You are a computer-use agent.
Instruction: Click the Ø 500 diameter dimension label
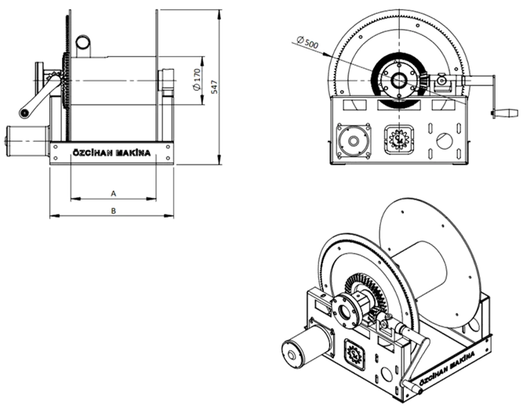307,42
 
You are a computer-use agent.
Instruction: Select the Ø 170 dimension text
197,80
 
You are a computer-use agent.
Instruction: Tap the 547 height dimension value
215,87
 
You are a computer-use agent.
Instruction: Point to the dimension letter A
114,193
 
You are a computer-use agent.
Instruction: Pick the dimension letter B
114,211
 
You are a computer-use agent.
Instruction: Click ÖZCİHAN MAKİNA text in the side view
111,153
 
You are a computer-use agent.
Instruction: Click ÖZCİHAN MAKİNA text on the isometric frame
447,368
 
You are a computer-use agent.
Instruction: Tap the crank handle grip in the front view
505,114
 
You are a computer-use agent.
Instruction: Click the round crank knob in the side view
24,114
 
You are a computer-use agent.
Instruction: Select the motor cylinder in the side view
27,141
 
